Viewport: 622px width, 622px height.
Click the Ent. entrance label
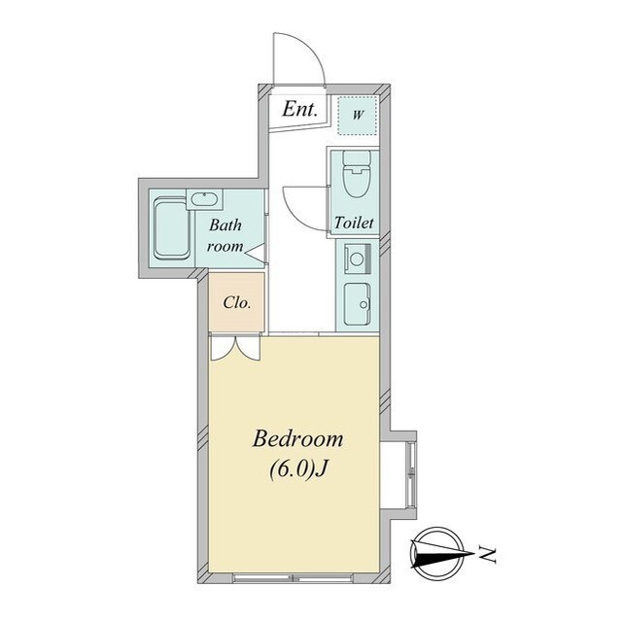point(299,109)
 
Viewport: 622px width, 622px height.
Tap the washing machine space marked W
point(357,115)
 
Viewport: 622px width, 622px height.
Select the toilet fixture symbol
point(356,173)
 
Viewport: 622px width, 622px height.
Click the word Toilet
point(354,223)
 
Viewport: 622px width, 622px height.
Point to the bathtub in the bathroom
point(171,229)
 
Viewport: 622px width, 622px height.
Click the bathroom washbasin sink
point(204,199)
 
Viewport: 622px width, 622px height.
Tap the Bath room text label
point(225,235)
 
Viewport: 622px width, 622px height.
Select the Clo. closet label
point(237,303)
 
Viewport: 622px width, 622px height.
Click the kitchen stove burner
point(357,259)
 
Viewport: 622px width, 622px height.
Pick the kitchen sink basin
point(357,304)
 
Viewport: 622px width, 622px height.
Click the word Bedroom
point(298,439)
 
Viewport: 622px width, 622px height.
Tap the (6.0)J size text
point(298,470)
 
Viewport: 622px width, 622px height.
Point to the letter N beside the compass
point(487,554)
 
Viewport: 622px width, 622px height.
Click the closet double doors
point(235,348)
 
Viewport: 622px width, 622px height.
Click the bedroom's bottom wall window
point(294,578)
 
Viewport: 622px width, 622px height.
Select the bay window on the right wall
point(411,475)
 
